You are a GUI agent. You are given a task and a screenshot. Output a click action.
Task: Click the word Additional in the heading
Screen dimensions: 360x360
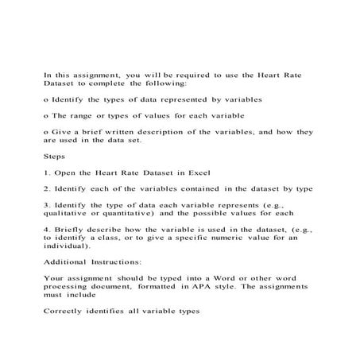[x=64, y=261]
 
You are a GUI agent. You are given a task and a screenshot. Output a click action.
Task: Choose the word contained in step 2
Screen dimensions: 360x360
[x=195, y=188]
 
